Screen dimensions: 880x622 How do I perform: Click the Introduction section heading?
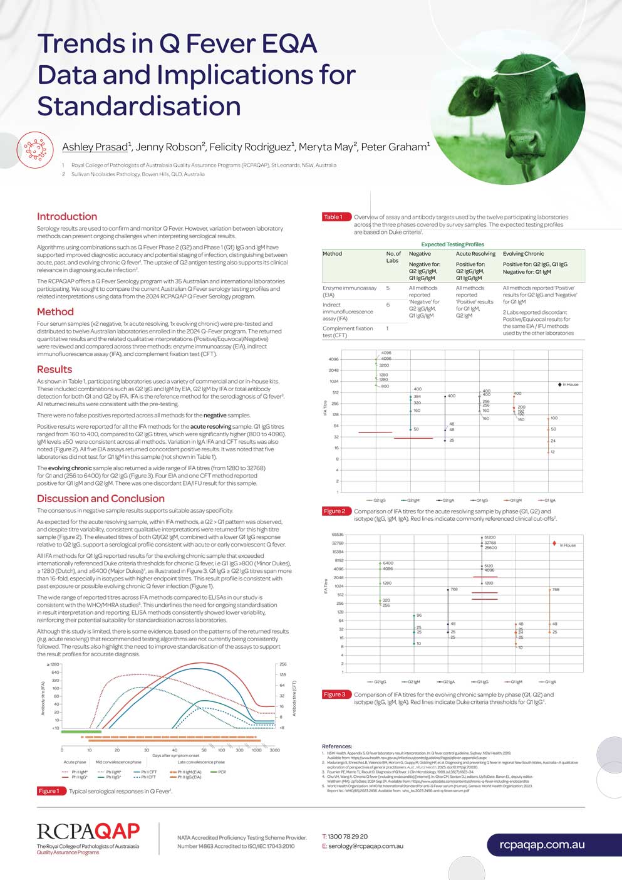[x=67, y=216]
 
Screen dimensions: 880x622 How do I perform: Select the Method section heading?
[x=55, y=312]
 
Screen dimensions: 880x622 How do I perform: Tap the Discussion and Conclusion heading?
[x=100, y=498]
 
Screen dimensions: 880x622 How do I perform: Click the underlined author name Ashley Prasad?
[x=95, y=147]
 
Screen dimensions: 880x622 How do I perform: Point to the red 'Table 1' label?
[x=333, y=217]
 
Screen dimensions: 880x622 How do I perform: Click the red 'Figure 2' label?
[x=334, y=511]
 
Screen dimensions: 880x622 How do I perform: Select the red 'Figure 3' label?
[x=334, y=694]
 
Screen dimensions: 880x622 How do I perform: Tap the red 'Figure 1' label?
[x=49, y=791]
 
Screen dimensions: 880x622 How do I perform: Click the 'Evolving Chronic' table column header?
[x=523, y=254]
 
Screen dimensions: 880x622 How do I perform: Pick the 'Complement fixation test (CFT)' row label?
[x=348, y=332]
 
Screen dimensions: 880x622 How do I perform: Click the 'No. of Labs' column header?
[x=393, y=257]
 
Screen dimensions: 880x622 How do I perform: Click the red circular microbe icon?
[x=36, y=149]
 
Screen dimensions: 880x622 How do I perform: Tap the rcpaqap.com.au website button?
[x=542, y=844]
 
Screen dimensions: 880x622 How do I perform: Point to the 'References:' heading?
[x=337, y=746]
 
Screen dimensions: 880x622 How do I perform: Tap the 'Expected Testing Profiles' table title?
[x=452, y=244]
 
